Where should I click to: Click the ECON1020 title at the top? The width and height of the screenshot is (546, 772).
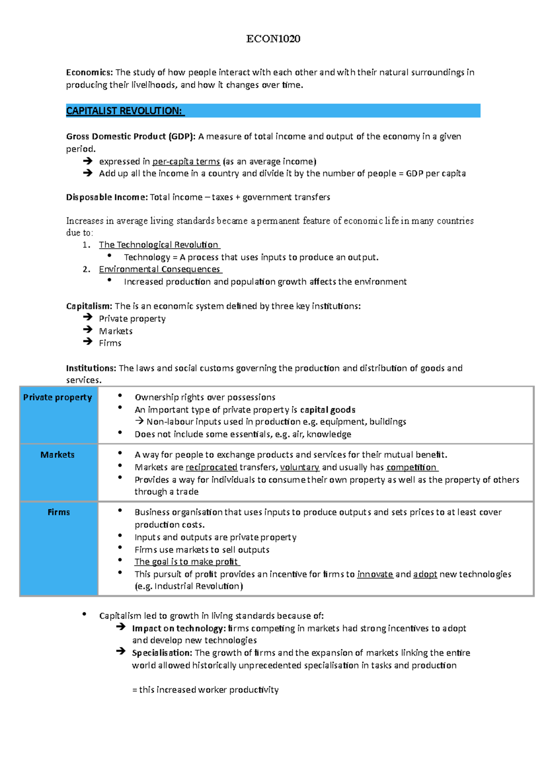point(273,39)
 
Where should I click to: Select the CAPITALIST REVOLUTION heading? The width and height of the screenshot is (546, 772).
point(124,111)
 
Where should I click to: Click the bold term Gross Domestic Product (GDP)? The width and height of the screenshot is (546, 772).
point(131,136)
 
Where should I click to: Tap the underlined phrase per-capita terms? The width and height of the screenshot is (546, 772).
point(186,161)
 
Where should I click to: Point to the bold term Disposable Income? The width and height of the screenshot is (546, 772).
point(106,197)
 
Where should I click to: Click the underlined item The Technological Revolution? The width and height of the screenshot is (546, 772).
point(159,245)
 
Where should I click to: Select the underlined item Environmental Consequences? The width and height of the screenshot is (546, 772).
point(160,269)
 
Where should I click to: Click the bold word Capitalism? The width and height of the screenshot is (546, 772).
point(89,306)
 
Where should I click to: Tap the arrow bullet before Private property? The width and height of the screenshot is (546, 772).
point(88,317)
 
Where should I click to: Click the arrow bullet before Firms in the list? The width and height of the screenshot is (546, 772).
point(88,342)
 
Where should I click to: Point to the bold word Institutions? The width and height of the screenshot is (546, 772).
point(91,368)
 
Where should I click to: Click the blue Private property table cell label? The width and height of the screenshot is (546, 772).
point(58,397)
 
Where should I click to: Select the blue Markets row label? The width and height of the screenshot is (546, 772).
point(57,455)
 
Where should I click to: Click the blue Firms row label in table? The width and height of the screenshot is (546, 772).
point(59,512)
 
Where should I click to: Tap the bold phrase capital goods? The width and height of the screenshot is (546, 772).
point(328,410)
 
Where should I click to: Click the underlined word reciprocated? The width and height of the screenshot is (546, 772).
point(211,467)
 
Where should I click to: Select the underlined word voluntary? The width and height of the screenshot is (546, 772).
point(299,467)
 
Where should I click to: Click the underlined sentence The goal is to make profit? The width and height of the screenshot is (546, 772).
point(187,561)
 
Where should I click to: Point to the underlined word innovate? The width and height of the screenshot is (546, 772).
point(375,574)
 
